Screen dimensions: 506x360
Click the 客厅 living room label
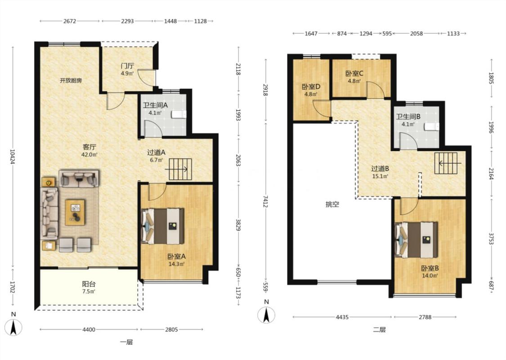tap(90, 147)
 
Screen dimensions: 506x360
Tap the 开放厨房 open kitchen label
tap(71, 81)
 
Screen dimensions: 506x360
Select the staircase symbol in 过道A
tap(180, 169)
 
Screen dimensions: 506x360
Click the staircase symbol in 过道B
tap(446, 163)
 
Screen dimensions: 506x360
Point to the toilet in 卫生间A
tap(179, 114)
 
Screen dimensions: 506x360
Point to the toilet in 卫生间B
tap(432, 127)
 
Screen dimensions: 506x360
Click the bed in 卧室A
tap(163, 226)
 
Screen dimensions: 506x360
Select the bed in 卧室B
tap(416, 240)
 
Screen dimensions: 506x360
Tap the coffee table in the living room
tap(75, 212)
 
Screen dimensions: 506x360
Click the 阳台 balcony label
tap(89, 284)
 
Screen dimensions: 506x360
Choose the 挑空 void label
tap(332, 204)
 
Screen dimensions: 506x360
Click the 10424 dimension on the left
tap(13, 156)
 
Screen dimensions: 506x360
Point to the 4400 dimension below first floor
tap(89, 330)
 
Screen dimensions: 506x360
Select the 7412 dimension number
tap(265, 201)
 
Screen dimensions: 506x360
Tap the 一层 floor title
tap(126, 342)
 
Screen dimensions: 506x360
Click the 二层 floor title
tap(379, 330)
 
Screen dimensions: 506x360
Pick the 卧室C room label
tap(354, 74)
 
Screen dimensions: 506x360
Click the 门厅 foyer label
tap(127, 66)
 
